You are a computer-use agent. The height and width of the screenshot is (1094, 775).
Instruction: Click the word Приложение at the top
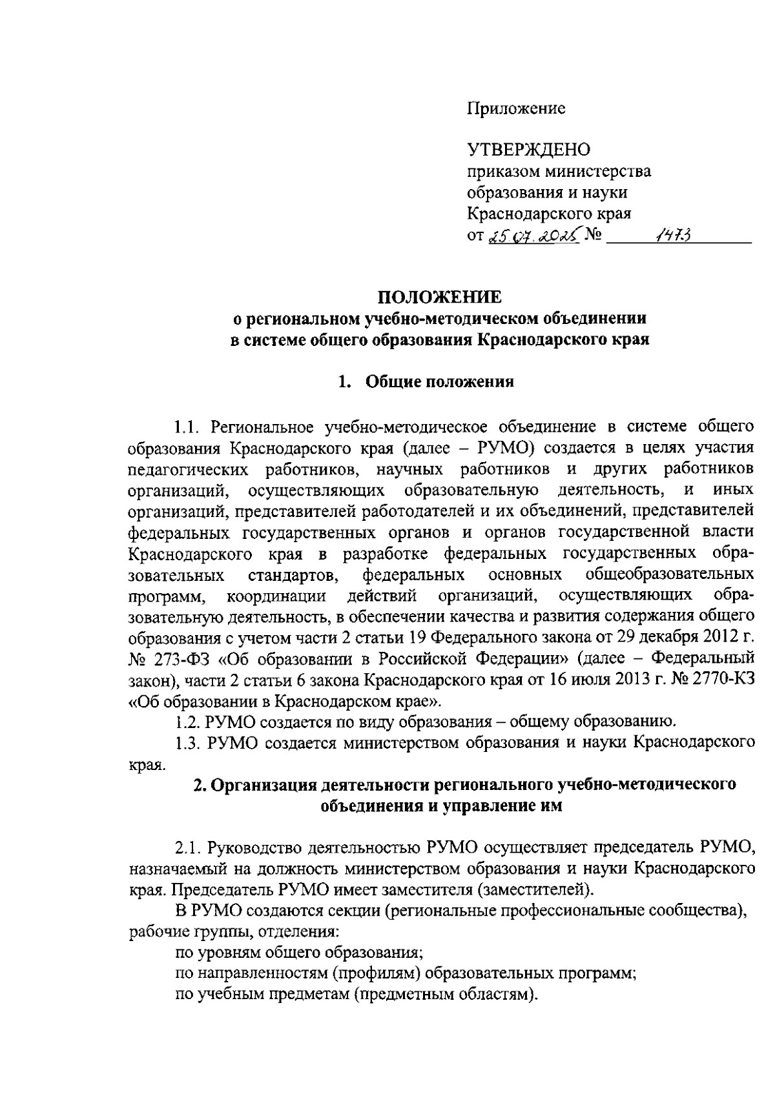516,108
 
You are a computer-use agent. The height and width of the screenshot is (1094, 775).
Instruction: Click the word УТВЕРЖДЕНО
529,150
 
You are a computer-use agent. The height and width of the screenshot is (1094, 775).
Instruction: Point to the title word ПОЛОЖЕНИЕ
439,298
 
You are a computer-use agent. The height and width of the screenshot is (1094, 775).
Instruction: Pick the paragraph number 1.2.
188,720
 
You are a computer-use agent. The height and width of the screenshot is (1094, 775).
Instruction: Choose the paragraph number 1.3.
188,742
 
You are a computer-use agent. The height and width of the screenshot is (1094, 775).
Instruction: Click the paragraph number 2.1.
188,846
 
